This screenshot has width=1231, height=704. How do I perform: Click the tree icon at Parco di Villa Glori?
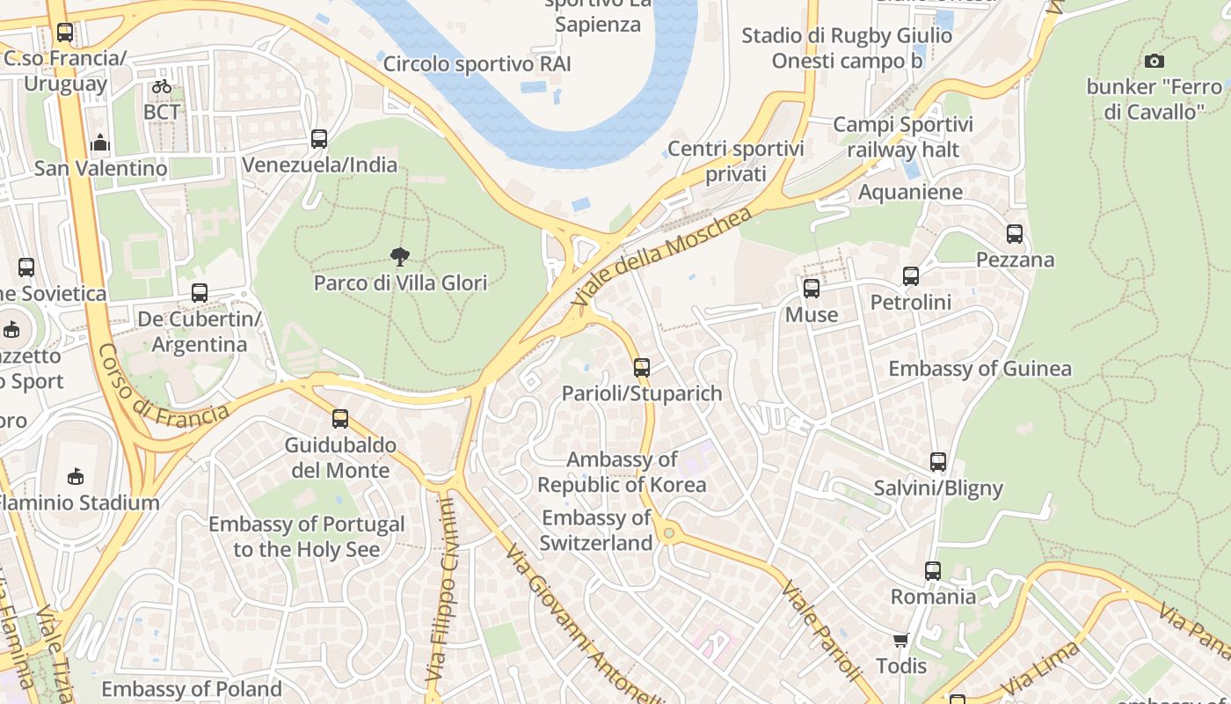pyautogui.click(x=400, y=257)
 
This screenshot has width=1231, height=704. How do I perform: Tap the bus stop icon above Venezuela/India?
pyautogui.click(x=319, y=139)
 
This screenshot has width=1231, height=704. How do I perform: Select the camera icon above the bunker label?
pyautogui.click(x=1155, y=61)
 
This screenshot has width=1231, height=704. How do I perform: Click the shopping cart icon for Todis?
pyautogui.click(x=900, y=640)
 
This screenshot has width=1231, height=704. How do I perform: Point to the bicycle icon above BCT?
pyautogui.click(x=161, y=86)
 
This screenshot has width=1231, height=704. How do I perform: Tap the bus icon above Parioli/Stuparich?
pyautogui.click(x=642, y=368)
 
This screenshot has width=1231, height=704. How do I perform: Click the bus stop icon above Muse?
pyautogui.click(x=812, y=289)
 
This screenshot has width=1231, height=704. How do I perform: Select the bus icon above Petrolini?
pyautogui.click(x=911, y=276)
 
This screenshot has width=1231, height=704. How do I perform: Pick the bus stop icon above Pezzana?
pyautogui.click(x=1015, y=234)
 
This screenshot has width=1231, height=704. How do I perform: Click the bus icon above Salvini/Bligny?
pyautogui.click(x=938, y=462)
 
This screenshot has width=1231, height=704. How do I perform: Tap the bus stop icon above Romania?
pyautogui.click(x=933, y=571)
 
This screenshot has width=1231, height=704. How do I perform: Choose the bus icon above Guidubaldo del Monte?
pyautogui.click(x=340, y=419)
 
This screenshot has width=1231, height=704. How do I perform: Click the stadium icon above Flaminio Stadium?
pyautogui.click(x=76, y=477)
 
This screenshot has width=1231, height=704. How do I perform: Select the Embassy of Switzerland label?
pyautogui.click(x=596, y=531)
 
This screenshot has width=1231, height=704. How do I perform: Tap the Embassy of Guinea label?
pyautogui.click(x=980, y=369)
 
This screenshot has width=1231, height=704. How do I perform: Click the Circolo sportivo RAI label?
pyautogui.click(x=477, y=63)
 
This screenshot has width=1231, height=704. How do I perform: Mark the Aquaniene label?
pyautogui.click(x=910, y=192)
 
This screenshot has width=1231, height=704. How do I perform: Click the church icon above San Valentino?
pyautogui.click(x=100, y=143)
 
